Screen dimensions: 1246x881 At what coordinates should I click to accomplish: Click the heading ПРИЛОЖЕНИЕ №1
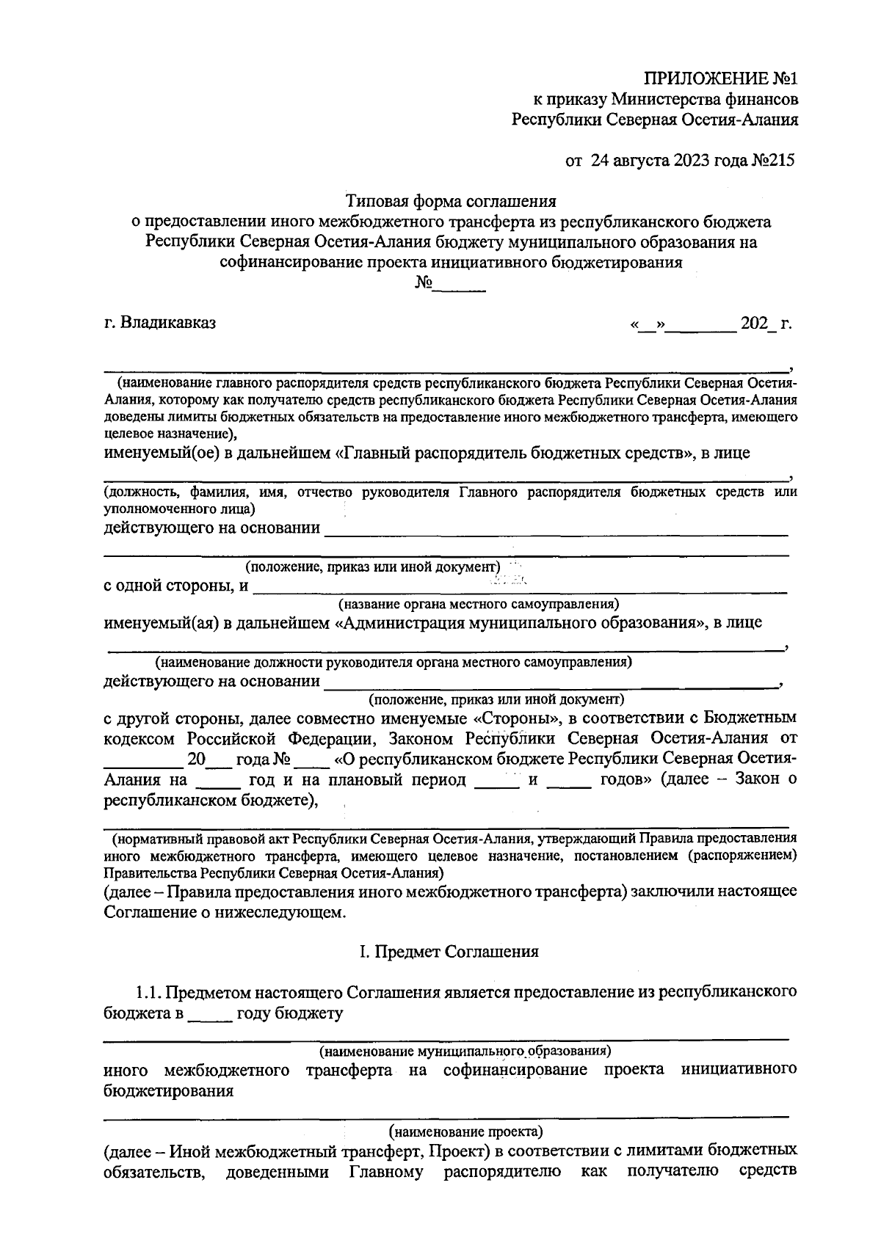720,79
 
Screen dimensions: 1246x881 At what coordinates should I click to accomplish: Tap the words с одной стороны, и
175,586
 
